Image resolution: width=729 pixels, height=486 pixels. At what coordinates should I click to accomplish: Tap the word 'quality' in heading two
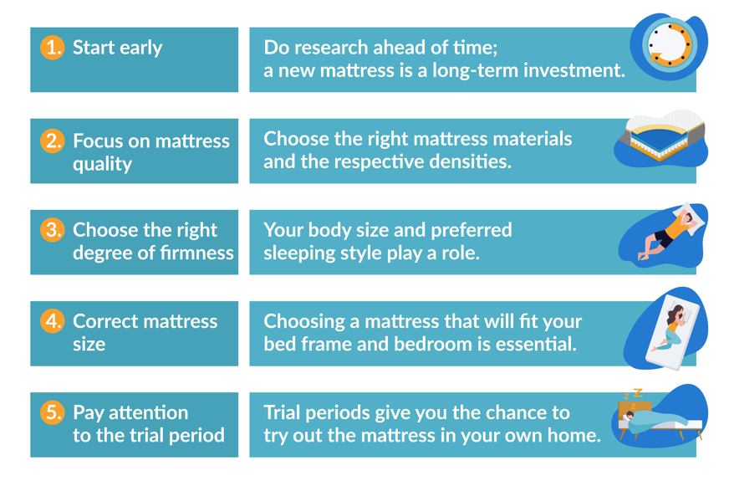tap(102, 163)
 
